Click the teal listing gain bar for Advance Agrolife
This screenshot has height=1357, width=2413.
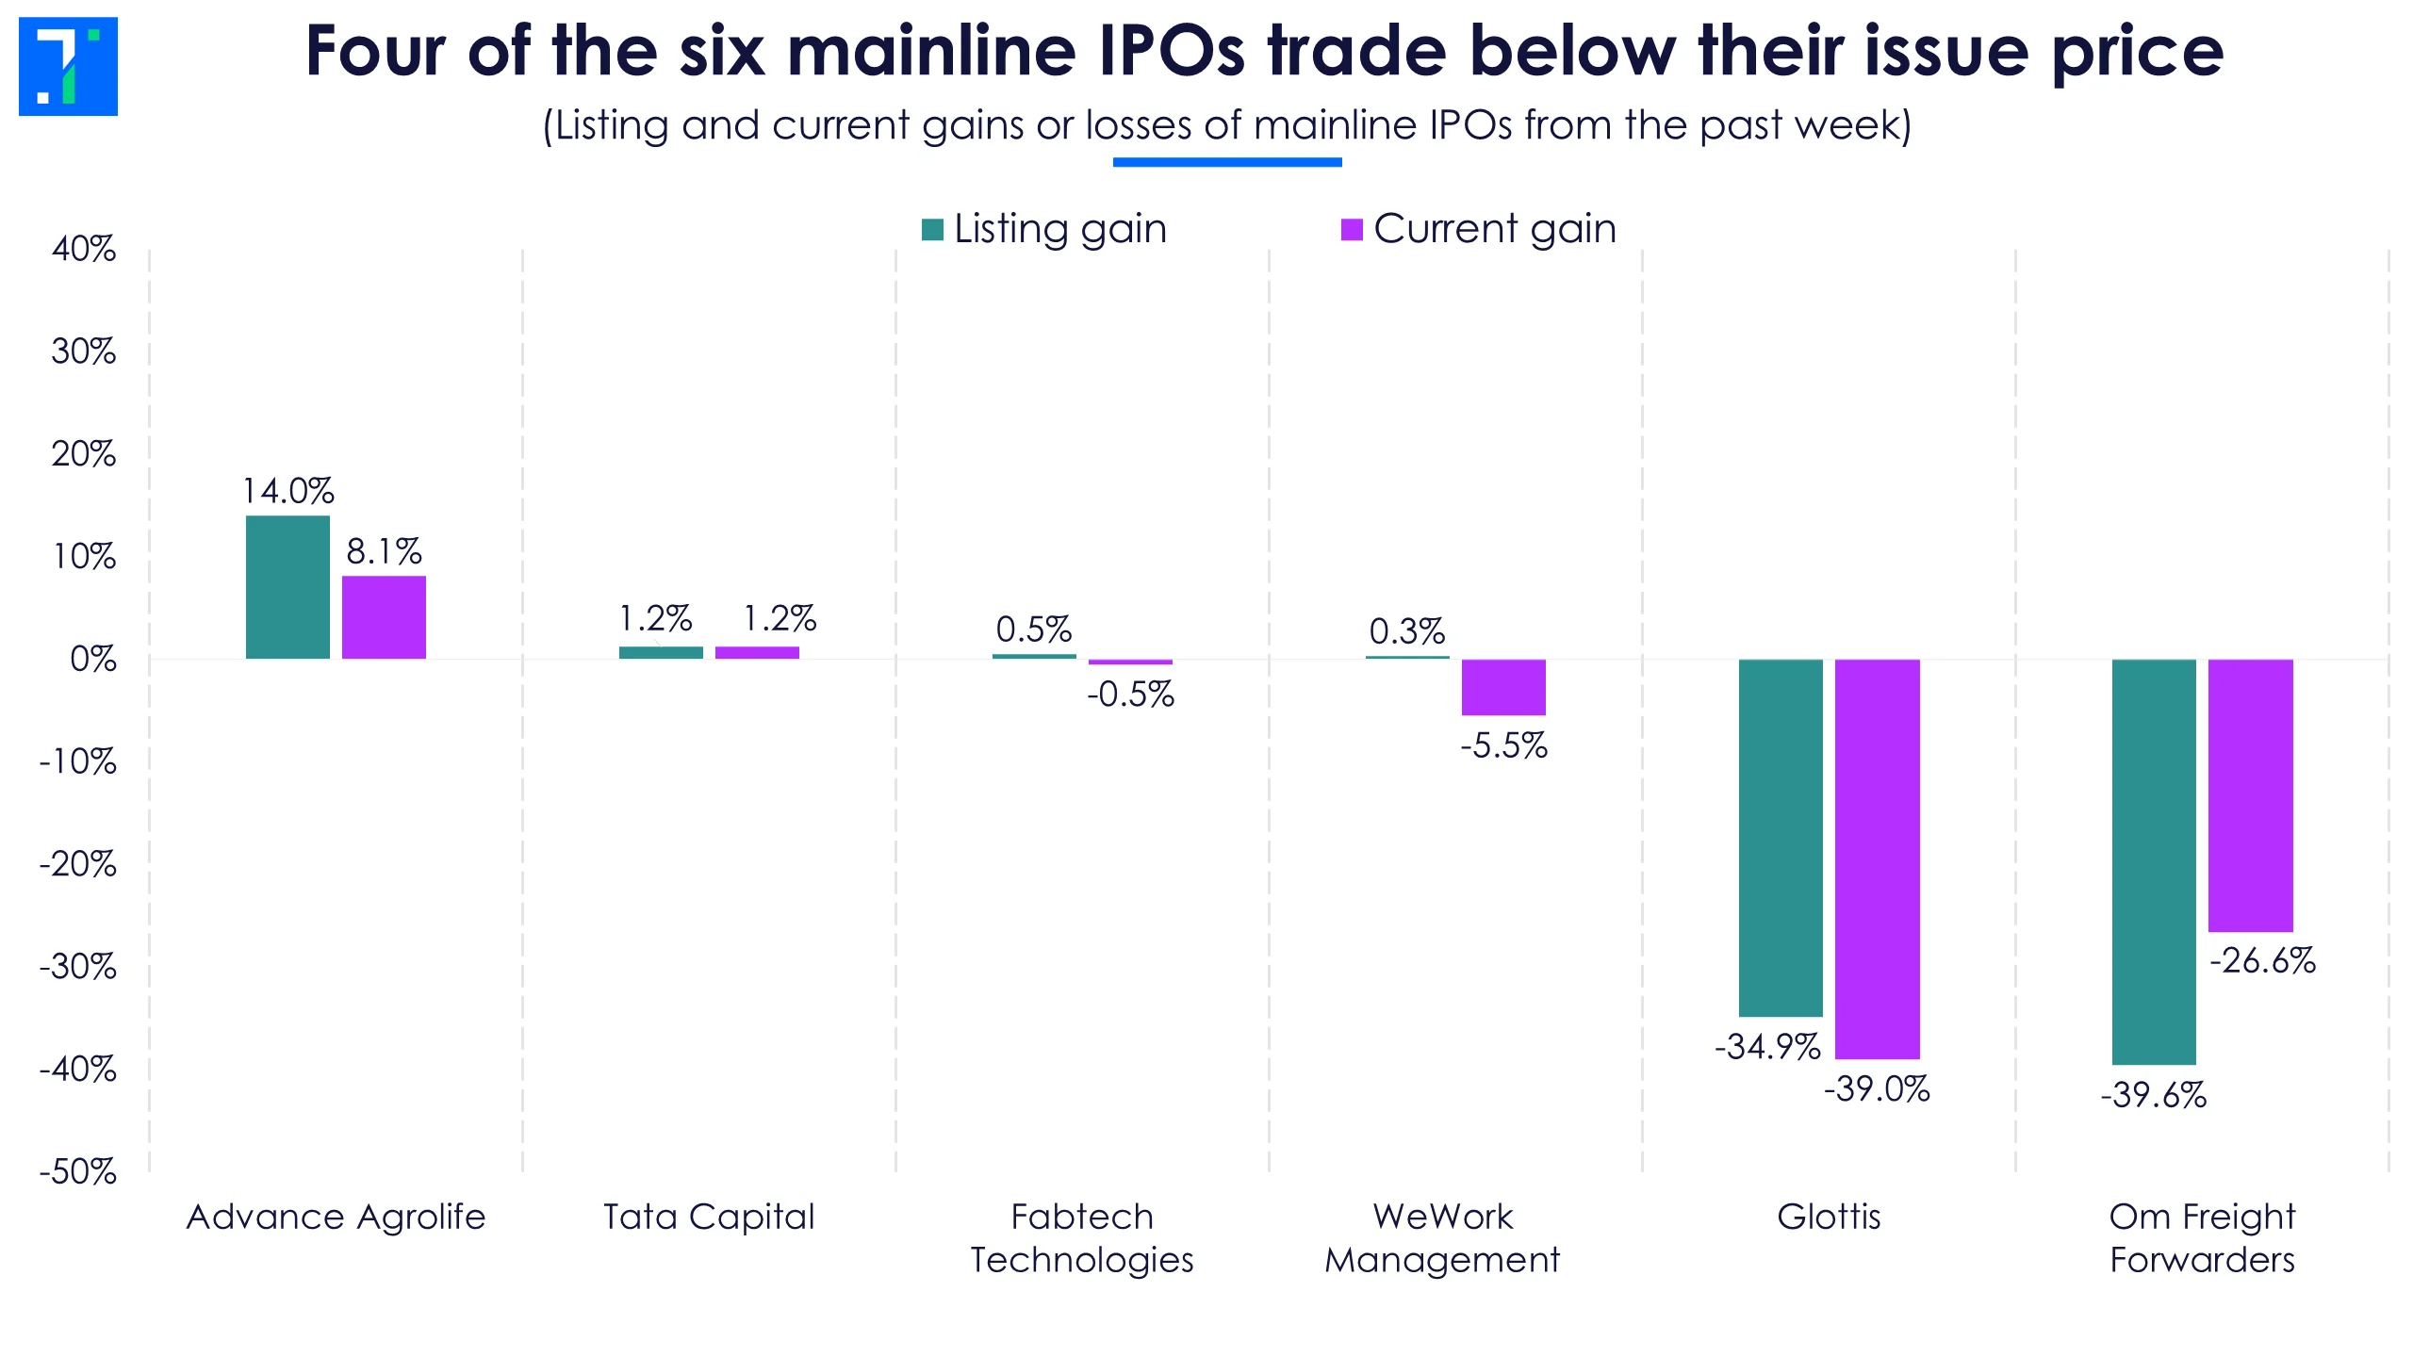tap(287, 587)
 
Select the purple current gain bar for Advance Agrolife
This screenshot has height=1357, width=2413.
tap(384, 617)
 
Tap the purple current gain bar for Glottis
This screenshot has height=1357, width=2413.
tap(1877, 858)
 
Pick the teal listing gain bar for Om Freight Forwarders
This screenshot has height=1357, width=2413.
tap(2154, 861)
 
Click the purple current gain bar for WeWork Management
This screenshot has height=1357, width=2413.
tap(1503, 687)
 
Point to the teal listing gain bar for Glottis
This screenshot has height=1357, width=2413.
tap(1781, 838)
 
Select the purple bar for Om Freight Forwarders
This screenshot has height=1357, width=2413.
tap(2250, 795)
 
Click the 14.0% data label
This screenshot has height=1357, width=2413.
tap(288, 491)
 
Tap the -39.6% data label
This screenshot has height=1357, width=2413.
tap(2154, 1095)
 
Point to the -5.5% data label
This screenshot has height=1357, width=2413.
tap(1503, 745)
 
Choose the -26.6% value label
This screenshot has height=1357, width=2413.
tap(2262, 960)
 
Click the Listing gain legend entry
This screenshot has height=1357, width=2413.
tap(1044, 229)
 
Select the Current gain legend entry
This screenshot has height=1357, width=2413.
tap(1479, 229)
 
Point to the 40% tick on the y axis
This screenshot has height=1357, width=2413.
tap(84, 249)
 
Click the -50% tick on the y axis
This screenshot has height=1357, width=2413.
tap(78, 1171)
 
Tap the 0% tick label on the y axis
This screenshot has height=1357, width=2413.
tap(93, 659)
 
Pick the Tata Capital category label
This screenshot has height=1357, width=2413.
tap(709, 1217)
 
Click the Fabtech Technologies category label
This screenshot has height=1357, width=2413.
tap(1082, 1237)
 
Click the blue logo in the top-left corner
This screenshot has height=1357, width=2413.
tap(68, 66)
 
